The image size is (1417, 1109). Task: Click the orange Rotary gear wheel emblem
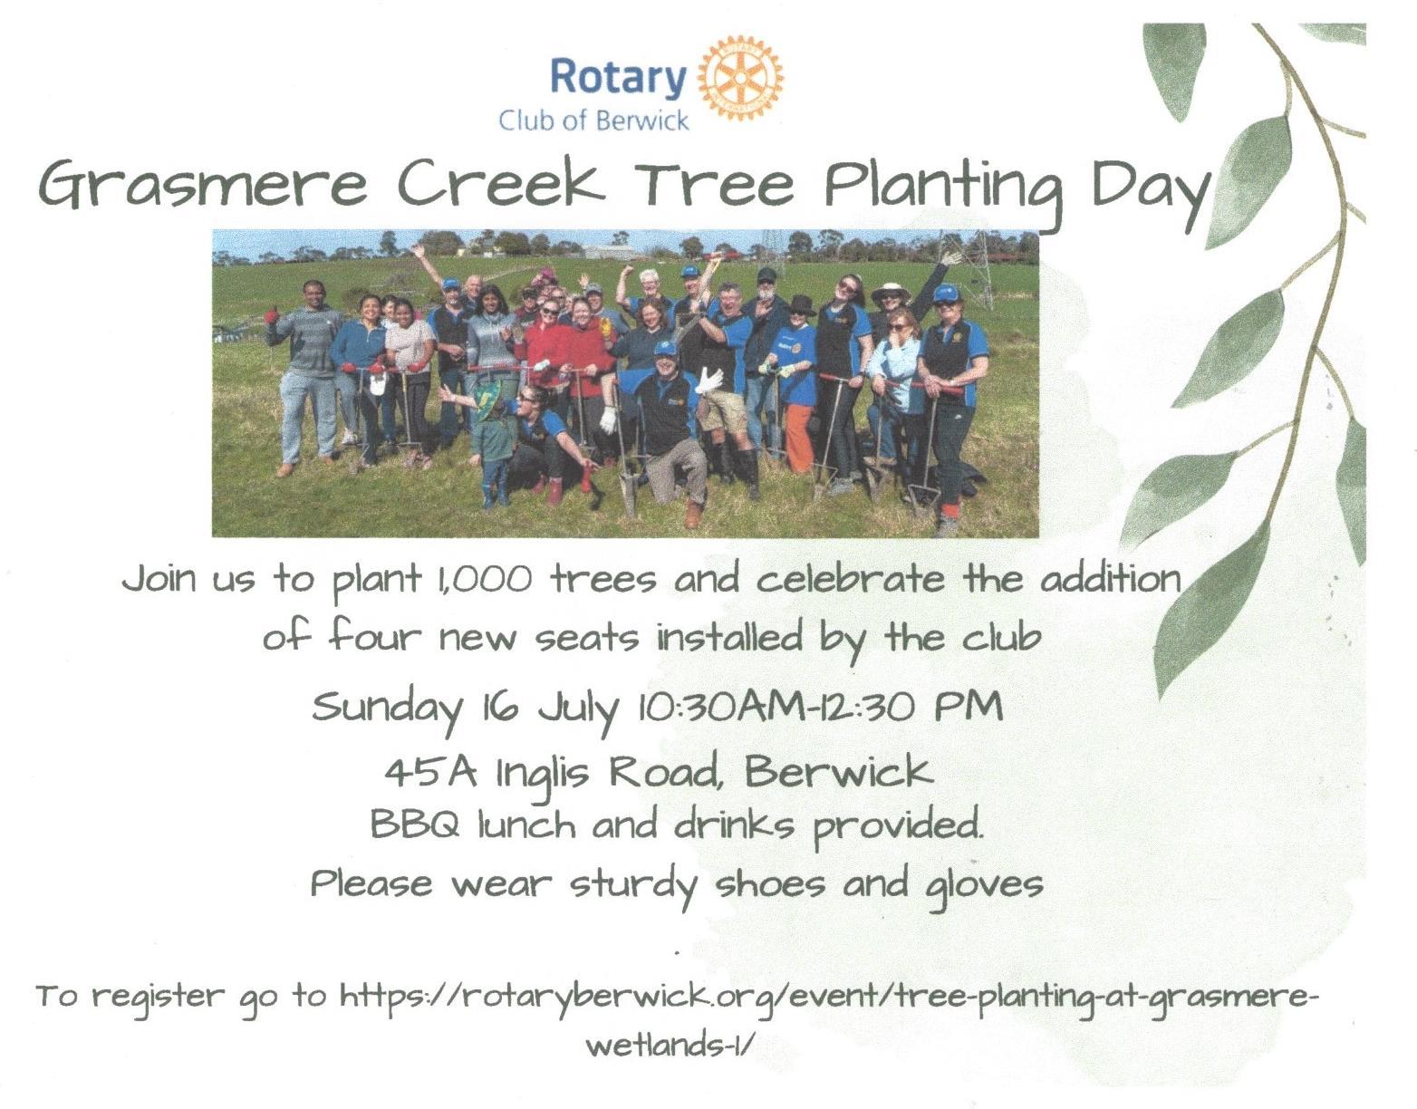740,78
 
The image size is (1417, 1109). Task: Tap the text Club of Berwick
593,121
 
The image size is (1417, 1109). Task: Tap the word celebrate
850,578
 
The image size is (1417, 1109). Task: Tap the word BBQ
415,825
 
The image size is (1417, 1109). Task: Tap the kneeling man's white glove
708,381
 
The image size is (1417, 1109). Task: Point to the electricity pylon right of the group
974,274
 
